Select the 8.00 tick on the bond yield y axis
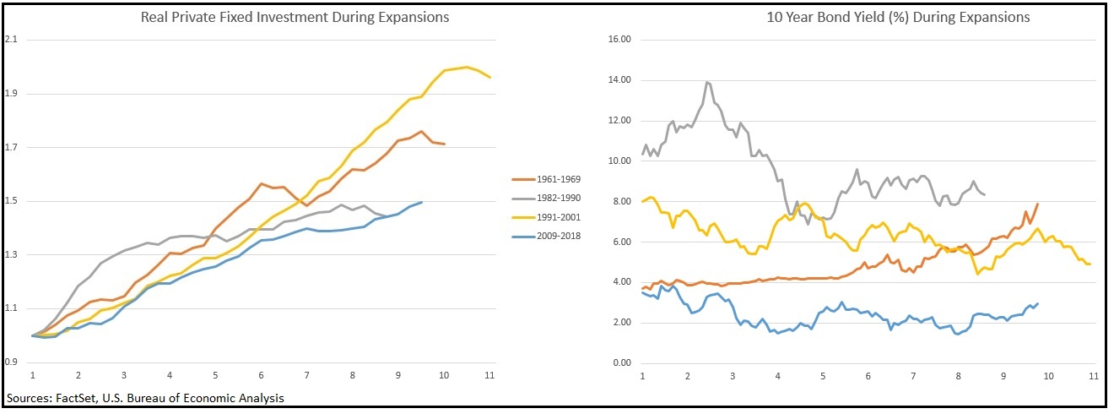pyautogui.click(x=622, y=201)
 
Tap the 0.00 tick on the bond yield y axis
pyautogui.click(x=622, y=362)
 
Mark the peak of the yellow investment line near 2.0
pyautogui.click(x=467, y=67)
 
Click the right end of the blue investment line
pyautogui.click(x=421, y=202)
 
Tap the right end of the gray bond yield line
pyautogui.click(x=985, y=194)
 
